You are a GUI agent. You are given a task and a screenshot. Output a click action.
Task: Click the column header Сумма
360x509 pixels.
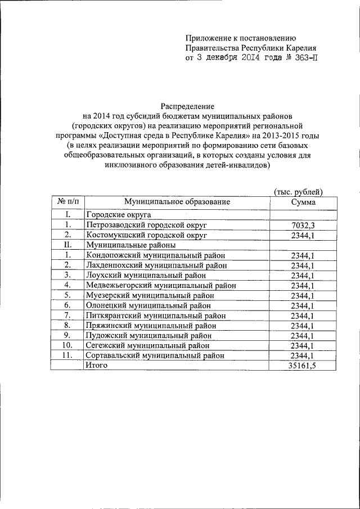[303, 202]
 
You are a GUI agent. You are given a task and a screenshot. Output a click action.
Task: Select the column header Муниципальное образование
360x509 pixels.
[178, 202]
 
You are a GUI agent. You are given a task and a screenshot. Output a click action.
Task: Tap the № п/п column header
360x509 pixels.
[67, 202]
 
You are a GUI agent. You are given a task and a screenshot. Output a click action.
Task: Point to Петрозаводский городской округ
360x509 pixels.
[147, 225]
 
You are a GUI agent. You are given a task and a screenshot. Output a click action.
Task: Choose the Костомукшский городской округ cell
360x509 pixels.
[147, 235]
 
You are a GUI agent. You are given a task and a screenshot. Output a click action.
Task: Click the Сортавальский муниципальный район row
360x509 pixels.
[155, 355]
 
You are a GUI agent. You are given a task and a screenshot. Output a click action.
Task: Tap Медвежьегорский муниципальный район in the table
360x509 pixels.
[160, 285]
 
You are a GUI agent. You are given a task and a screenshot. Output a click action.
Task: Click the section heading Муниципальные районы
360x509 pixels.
[130, 245]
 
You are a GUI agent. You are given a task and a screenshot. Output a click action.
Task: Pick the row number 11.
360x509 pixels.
[67, 355]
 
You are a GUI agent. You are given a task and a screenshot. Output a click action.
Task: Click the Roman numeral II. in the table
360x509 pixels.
[67, 245]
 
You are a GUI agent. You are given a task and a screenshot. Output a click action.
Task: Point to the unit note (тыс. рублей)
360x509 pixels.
[298, 191]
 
